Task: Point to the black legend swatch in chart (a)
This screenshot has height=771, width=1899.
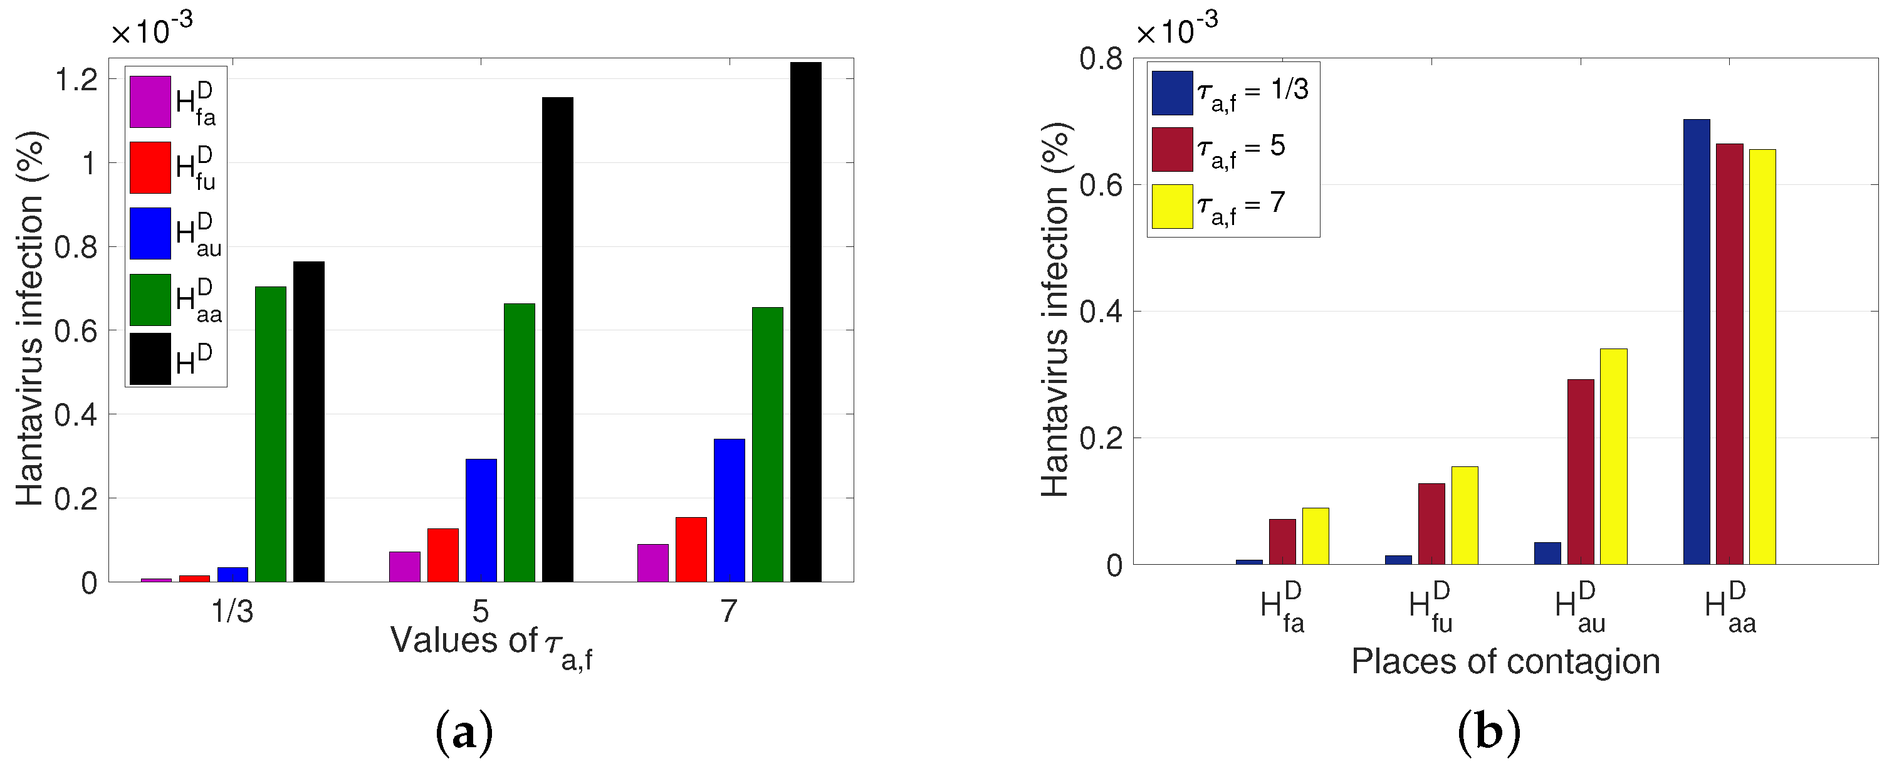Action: coord(150,359)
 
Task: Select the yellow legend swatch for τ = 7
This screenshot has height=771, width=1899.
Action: coord(1172,206)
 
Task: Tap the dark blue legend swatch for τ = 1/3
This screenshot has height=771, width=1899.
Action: coord(1172,93)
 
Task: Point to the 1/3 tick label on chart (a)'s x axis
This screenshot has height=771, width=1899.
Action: coord(233,611)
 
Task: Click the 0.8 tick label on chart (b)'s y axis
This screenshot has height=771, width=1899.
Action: coord(1101,58)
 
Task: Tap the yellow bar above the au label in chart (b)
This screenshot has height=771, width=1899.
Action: coord(1613,456)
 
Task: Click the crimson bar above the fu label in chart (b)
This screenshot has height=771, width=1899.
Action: coord(1431,523)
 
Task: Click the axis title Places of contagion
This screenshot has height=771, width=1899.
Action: coord(1505,661)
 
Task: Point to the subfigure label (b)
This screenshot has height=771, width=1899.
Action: coord(1488,733)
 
